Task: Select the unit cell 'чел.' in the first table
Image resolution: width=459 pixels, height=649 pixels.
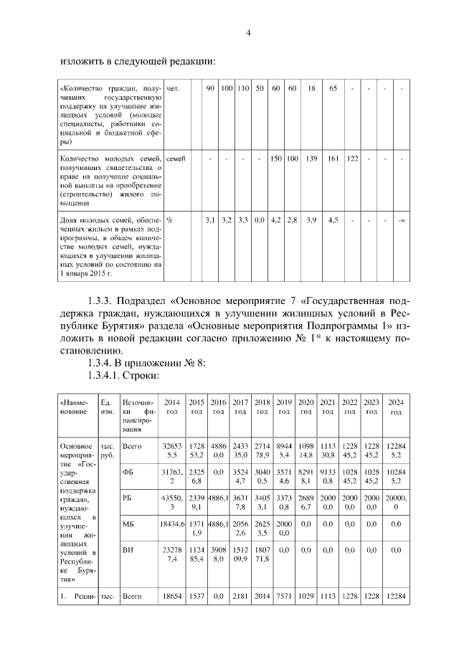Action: tap(172, 89)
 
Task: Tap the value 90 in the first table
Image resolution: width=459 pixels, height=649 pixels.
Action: tap(209, 89)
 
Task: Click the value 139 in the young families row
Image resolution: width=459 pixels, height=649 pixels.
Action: tap(311, 158)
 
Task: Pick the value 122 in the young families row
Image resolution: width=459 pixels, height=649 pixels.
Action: tap(351, 158)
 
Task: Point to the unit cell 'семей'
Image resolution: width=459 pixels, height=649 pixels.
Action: tap(176, 158)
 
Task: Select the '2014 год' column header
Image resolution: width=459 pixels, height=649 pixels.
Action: tap(172, 407)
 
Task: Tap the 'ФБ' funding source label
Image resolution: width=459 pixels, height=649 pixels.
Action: tap(128, 473)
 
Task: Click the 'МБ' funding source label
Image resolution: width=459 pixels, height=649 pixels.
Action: tap(128, 524)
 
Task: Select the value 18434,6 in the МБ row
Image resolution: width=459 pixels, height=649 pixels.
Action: tap(172, 524)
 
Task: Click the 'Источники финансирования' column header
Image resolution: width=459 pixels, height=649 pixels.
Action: tap(136, 412)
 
